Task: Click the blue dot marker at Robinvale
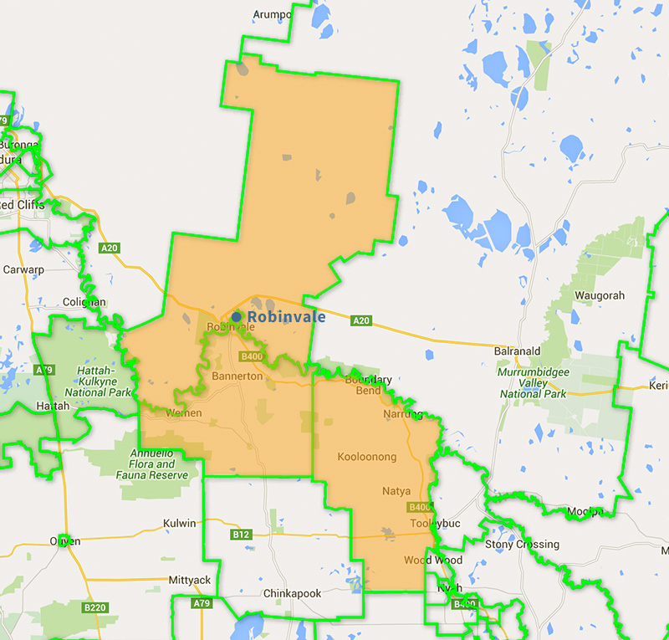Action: tap(237, 317)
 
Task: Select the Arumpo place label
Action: tap(273, 14)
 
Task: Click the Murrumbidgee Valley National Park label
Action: tap(534, 381)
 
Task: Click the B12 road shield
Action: tap(242, 534)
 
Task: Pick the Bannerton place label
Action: tap(237, 377)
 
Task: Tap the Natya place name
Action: tap(396, 490)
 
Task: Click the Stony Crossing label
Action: tap(523, 545)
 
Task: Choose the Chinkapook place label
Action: tap(292, 593)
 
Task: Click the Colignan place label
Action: tap(84, 302)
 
